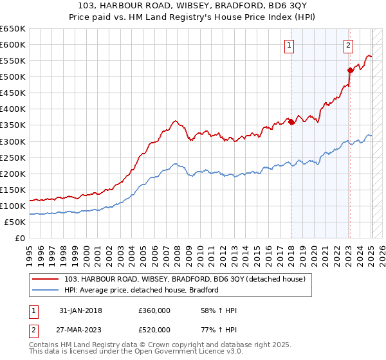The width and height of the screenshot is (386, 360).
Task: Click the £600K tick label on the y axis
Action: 13,45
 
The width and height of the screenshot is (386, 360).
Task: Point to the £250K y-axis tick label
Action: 13,157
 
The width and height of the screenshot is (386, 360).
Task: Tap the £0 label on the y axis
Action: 20,238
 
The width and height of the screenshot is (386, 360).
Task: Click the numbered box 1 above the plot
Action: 289,45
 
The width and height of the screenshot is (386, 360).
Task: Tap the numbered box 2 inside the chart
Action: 348,45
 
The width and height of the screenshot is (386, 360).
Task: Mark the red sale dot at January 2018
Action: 291,122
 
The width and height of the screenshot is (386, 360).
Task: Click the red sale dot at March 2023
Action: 350,70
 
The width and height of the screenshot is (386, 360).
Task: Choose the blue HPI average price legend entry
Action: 142,290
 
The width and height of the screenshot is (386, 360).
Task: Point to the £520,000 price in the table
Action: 154,330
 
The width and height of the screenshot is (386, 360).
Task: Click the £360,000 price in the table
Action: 154,310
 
